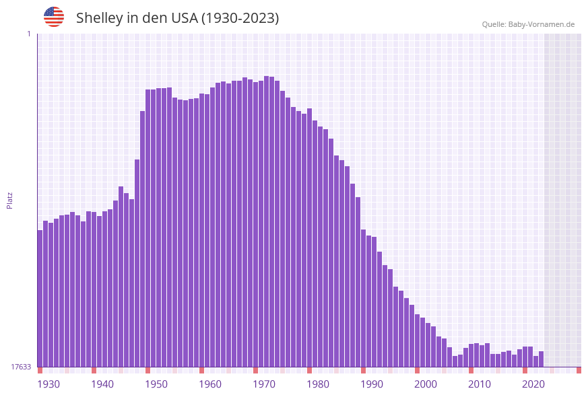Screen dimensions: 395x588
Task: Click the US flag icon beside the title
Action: click(54, 17)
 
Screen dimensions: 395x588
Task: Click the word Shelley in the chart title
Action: click(98, 18)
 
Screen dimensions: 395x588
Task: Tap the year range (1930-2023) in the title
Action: click(240, 18)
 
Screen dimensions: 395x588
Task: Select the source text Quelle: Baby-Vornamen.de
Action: click(528, 24)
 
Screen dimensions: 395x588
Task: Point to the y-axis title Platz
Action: click(10, 200)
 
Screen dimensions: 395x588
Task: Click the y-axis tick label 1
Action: click(28, 34)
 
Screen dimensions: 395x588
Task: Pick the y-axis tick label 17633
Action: click(21, 367)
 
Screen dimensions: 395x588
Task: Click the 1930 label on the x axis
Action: click(48, 384)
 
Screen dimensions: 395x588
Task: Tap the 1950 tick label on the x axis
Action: click(156, 384)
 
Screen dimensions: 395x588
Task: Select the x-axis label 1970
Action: click(264, 384)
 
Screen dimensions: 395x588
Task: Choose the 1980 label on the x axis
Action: click(318, 384)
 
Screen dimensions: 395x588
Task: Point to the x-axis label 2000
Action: click(426, 384)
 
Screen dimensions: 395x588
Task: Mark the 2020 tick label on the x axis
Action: click(533, 384)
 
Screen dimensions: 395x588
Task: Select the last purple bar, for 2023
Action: click(541, 359)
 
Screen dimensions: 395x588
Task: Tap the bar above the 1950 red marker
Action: click(148, 228)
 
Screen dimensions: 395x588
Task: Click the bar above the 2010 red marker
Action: click(471, 355)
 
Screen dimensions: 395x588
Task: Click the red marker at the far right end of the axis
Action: click(579, 370)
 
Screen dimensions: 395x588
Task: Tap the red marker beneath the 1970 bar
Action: click(255, 370)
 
